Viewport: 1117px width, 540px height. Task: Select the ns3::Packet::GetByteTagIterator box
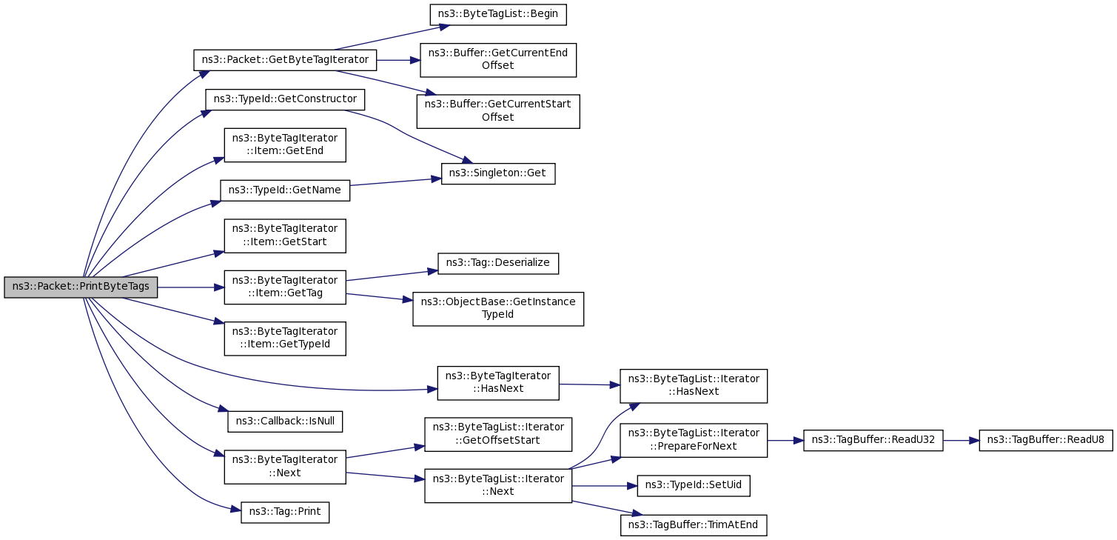click(x=285, y=60)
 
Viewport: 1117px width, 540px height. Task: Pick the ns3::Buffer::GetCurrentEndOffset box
click(x=498, y=60)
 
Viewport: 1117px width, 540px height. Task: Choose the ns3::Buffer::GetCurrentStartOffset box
click(x=498, y=111)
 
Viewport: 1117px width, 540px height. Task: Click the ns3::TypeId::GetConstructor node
click(x=285, y=99)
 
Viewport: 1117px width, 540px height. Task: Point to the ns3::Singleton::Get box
click(x=498, y=173)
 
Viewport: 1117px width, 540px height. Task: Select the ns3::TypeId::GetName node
click(x=285, y=190)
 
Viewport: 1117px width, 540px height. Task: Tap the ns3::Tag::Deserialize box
click(x=498, y=264)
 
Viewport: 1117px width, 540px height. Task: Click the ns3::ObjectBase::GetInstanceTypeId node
click(x=498, y=309)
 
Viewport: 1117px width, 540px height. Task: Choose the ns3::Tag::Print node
click(x=285, y=513)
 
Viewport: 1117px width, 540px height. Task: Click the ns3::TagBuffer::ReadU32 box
click(x=873, y=440)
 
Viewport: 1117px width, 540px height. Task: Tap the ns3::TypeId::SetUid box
click(x=694, y=486)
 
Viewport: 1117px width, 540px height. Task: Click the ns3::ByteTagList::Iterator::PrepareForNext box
click(x=694, y=440)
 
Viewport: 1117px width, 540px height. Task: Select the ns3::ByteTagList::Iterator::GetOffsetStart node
click(x=498, y=434)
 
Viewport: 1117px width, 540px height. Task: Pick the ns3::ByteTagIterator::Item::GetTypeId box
click(x=285, y=338)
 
